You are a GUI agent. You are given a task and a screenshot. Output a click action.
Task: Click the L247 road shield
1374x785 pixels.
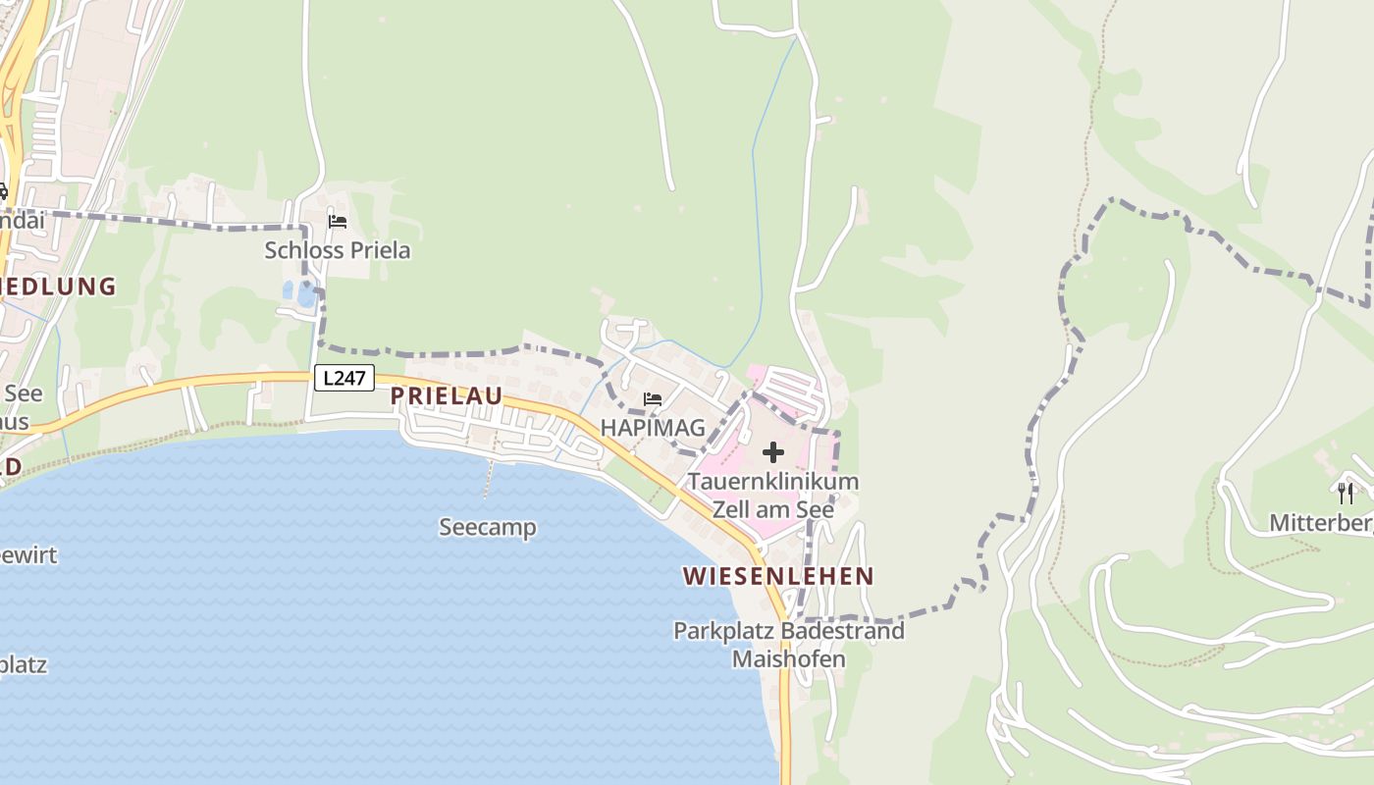coord(343,378)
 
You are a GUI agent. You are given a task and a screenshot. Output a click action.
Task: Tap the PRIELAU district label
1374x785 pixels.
coord(447,395)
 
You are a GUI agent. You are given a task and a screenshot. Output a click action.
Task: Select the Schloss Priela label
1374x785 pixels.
coord(338,250)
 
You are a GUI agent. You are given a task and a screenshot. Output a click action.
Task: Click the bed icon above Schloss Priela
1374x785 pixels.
coord(338,222)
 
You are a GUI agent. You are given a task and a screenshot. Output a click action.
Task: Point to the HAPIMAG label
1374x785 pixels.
coord(653,428)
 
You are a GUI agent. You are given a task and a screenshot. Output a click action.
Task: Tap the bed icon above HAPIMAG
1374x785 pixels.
coord(652,399)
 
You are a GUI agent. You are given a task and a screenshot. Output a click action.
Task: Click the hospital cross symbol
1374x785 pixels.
coord(773,452)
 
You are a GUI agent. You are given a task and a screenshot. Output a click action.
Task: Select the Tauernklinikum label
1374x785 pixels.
coord(773,482)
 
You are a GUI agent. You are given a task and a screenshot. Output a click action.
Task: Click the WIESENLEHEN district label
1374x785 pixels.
coord(778,576)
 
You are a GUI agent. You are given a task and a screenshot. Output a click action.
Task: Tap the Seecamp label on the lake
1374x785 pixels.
coord(488,528)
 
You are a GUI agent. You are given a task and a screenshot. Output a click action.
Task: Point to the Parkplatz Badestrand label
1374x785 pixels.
coord(788,631)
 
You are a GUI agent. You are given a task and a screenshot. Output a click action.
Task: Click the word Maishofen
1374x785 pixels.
coord(788,658)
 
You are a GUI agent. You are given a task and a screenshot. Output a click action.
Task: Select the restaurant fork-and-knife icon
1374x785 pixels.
coord(1346,493)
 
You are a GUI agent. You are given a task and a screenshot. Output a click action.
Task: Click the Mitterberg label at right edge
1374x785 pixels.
coord(1320,523)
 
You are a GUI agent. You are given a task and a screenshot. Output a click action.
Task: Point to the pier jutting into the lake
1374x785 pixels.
coord(487,479)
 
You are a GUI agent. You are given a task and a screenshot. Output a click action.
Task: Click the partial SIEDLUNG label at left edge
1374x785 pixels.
coord(59,287)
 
